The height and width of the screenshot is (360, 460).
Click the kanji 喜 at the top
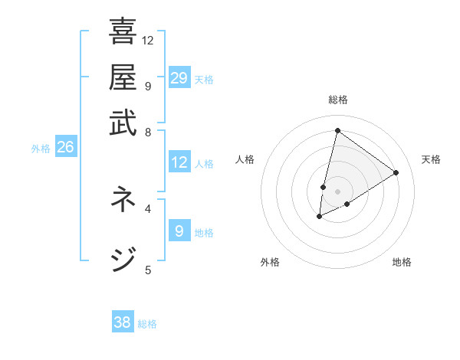[x=123, y=32]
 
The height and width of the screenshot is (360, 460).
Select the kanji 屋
[x=123, y=77]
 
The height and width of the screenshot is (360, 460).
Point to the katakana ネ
[x=123, y=200]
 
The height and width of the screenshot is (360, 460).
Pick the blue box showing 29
[x=179, y=78]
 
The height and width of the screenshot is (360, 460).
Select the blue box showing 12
[x=179, y=162]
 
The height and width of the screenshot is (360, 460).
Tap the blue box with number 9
[x=179, y=231]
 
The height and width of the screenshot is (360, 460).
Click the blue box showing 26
[x=65, y=147]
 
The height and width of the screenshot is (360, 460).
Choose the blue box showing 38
[x=123, y=322]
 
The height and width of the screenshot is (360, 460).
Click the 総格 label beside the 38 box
[x=147, y=324]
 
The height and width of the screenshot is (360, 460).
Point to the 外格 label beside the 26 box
[x=41, y=149]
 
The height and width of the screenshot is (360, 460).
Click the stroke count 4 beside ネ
[x=148, y=208]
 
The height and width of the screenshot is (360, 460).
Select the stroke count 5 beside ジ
[x=148, y=269]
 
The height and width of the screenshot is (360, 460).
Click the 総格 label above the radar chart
[x=337, y=100]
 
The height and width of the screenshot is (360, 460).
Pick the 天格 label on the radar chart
[x=431, y=159]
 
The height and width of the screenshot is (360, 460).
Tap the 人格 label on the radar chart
[x=245, y=159]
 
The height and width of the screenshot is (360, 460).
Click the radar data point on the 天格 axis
[x=396, y=172]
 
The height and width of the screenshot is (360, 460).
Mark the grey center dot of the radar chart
[x=337, y=191]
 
